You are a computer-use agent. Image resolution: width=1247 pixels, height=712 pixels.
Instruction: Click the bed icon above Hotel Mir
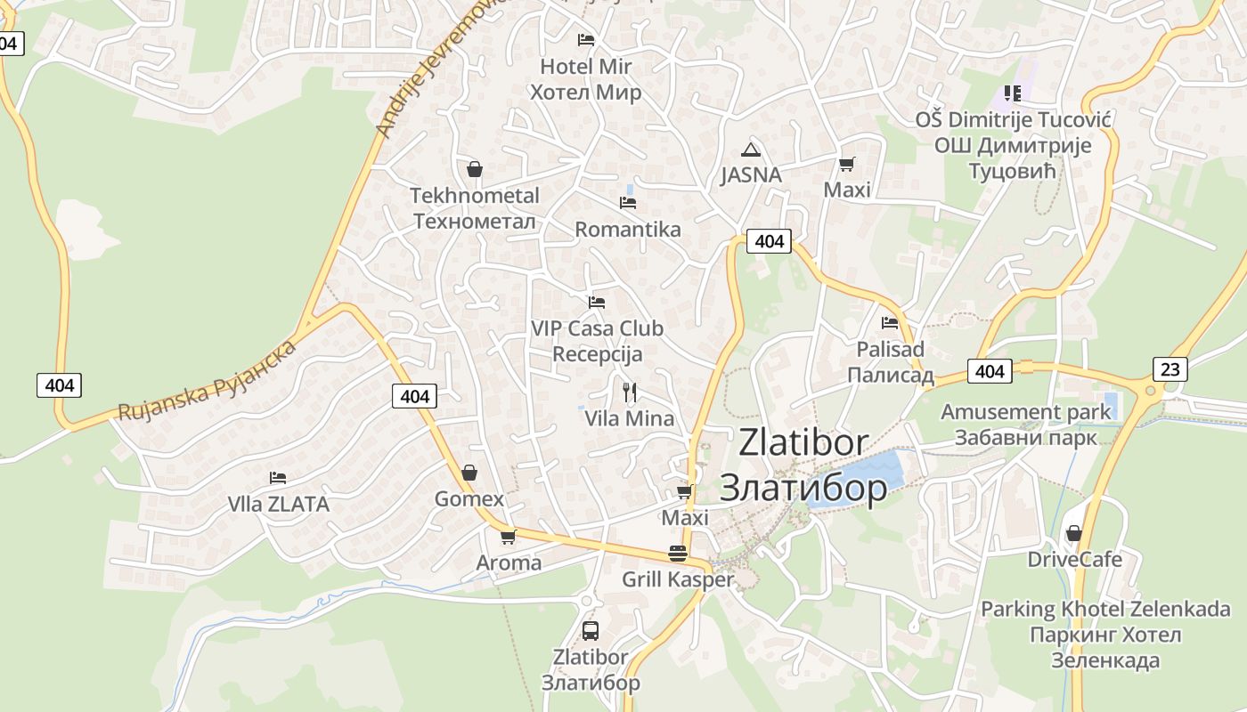[585, 40]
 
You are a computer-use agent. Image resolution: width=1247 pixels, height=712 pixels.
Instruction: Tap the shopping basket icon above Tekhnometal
[475, 168]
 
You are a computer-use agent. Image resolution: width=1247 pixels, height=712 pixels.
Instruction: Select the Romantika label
[627, 230]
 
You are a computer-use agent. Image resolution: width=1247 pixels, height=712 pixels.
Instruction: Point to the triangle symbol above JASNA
[751, 150]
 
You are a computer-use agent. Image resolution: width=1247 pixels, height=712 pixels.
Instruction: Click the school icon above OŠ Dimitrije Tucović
[1012, 93]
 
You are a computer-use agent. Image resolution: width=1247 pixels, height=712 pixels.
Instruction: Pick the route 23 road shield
[1170, 368]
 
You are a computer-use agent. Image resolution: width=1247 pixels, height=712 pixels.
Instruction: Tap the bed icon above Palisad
[889, 323]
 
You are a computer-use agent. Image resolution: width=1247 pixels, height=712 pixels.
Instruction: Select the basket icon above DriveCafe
[1074, 533]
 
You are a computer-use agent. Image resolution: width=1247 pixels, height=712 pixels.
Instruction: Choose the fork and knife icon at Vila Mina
[630, 392]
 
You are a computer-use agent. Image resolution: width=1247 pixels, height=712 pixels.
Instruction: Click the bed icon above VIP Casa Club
[597, 303]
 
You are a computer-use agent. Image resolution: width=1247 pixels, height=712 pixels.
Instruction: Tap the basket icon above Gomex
[469, 473]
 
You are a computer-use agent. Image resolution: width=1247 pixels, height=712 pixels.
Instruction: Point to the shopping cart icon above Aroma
[508, 537]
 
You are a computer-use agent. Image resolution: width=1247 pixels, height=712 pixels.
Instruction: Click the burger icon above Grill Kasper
[678, 553]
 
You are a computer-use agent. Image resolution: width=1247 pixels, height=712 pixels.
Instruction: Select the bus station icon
[590, 630]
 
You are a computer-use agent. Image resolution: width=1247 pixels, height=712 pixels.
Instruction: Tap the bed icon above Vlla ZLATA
[278, 478]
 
